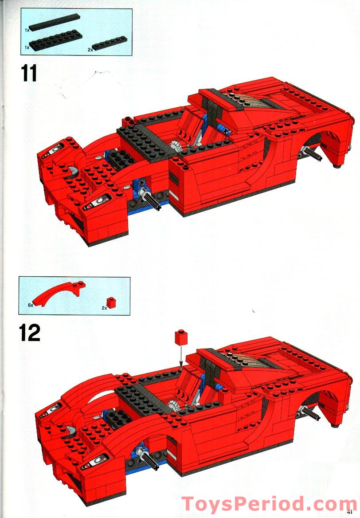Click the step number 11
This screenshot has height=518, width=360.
click(29, 73)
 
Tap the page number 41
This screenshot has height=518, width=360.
click(350, 512)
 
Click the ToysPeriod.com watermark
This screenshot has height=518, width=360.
click(265, 504)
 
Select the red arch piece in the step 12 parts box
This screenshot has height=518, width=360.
click(59, 293)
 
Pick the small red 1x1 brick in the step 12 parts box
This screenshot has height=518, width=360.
click(111, 302)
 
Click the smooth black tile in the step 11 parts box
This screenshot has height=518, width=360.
click(54, 22)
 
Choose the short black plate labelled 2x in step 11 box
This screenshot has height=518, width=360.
click(110, 43)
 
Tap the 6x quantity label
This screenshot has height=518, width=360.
click(31, 305)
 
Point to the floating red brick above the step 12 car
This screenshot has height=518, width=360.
click(181, 337)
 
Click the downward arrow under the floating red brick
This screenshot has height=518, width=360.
click(181, 356)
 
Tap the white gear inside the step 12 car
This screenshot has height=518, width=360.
click(174, 404)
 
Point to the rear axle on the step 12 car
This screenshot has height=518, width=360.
click(310, 412)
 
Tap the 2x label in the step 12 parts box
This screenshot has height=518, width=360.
click(104, 308)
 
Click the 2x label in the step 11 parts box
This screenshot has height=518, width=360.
click(90, 50)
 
